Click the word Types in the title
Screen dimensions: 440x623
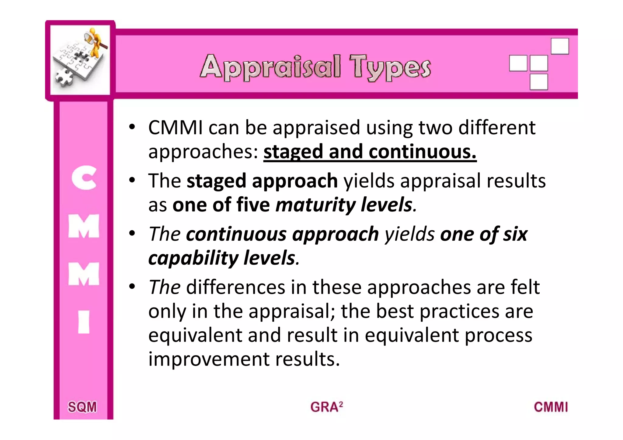pyautogui.click(x=390, y=67)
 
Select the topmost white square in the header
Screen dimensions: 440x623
pyautogui.click(x=560, y=46)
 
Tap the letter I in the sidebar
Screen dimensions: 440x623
pyautogui.click(x=84, y=322)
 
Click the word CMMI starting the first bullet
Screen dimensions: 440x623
pyautogui.click(x=175, y=128)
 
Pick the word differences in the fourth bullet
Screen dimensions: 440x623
pyautogui.click(x=235, y=287)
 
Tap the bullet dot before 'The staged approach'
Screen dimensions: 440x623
pyautogui.click(x=132, y=180)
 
